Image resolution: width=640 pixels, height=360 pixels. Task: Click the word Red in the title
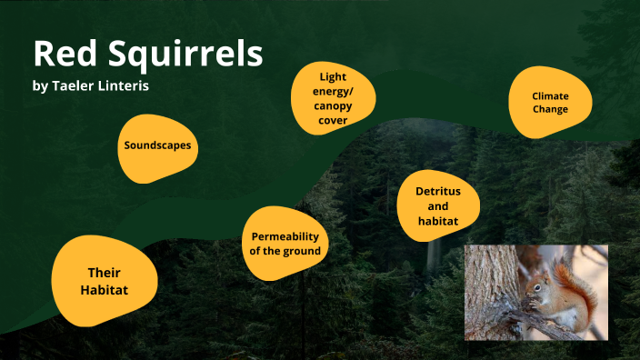tap(61, 55)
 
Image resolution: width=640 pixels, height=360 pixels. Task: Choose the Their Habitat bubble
tap(104, 281)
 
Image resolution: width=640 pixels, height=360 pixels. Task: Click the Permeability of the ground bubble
tap(285, 244)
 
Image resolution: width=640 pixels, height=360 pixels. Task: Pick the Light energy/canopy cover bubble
tap(334, 98)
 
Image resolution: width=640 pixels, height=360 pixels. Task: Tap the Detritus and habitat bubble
tap(438, 206)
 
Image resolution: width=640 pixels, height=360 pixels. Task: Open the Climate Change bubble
tap(550, 102)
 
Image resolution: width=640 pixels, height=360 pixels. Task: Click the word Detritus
tap(438, 192)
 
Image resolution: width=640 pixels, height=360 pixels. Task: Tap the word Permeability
tap(285, 236)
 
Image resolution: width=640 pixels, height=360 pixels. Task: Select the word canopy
tap(334, 105)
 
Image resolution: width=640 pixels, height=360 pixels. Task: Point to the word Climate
tap(550, 95)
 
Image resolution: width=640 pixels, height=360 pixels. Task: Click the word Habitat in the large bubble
tap(104, 290)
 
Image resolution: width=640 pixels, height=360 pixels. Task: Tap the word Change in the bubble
tap(550, 109)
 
